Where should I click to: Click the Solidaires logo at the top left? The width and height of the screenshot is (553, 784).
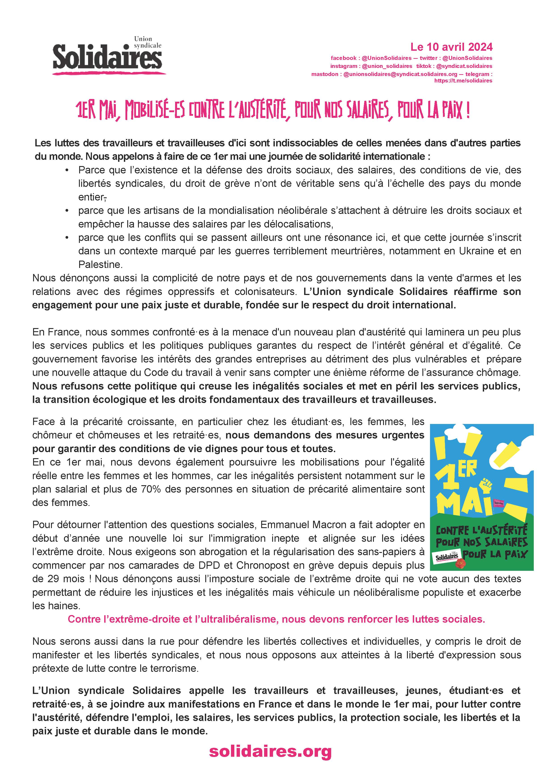click(x=108, y=56)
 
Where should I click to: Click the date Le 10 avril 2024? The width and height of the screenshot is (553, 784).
click(x=451, y=47)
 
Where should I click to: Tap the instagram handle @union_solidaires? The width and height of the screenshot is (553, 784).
click(x=387, y=66)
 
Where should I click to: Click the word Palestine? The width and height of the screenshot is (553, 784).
click(x=100, y=264)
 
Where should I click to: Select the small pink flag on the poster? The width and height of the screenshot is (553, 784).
click(x=499, y=503)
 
